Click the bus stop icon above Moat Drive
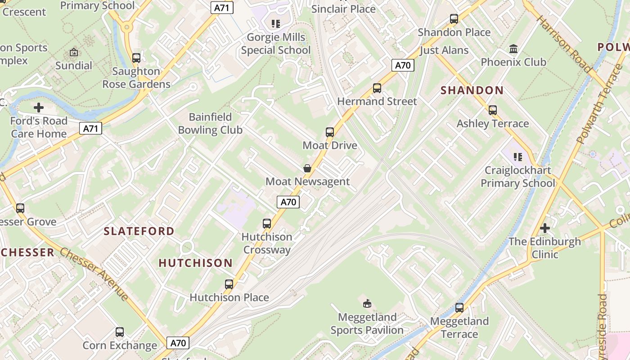[x=330, y=132]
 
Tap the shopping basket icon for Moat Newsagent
[x=307, y=168]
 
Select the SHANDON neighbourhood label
[x=472, y=90]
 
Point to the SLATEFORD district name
[x=139, y=231]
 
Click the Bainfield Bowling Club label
[x=210, y=124]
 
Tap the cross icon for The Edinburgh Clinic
[x=545, y=228]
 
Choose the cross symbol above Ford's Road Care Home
[x=39, y=108]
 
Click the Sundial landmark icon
[x=74, y=53]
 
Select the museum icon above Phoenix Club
[x=513, y=49]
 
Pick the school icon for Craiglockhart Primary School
[x=518, y=157]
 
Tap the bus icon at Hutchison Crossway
[x=267, y=224]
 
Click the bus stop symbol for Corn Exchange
[x=120, y=332]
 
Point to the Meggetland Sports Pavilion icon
[x=367, y=304]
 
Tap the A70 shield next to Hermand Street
[x=402, y=65]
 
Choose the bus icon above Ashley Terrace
[x=493, y=110]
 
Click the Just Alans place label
[x=444, y=50]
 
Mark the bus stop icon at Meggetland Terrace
[x=459, y=308]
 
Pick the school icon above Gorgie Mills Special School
[x=276, y=23]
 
